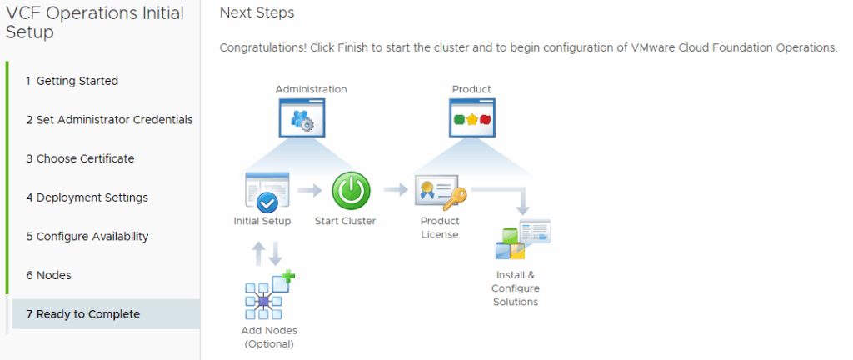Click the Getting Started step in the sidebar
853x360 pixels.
pos(72,81)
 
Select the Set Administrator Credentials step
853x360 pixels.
pos(109,120)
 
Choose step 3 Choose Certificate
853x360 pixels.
pos(80,158)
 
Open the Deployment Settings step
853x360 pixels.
pos(87,197)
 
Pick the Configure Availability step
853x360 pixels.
pos(87,237)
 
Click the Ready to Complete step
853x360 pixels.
pos(82,314)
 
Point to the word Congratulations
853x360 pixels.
pos(262,47)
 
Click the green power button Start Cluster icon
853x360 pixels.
pos(351,191)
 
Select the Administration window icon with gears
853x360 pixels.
pos(301,117)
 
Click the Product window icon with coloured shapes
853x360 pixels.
pos(471,117)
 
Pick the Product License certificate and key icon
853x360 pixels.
pos(440,193)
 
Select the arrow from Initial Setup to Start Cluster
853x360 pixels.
pos(310,191)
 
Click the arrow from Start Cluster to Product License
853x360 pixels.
pos(396,191)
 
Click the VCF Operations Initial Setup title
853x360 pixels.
pos(83,22)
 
